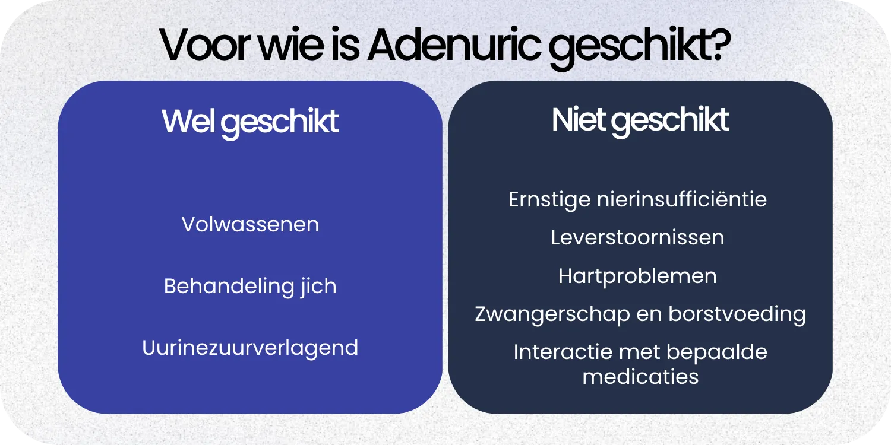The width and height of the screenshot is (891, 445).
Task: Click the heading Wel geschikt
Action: click(x=250, y=122)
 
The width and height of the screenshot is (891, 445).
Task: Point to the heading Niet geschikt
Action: click(x=640, y=120)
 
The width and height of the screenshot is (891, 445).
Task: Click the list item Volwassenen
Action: click(x=250, y=224)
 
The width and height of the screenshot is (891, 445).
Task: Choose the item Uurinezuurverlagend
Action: click(x=250, y=348)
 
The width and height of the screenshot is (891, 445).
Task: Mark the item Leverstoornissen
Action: click(x=637, y=237)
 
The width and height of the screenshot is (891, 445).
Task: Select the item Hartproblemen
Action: click(x=637, y=276)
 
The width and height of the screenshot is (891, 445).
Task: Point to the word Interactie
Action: click(x=563, y=352)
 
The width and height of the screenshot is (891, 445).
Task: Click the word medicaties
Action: click(x=640, y=376)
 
